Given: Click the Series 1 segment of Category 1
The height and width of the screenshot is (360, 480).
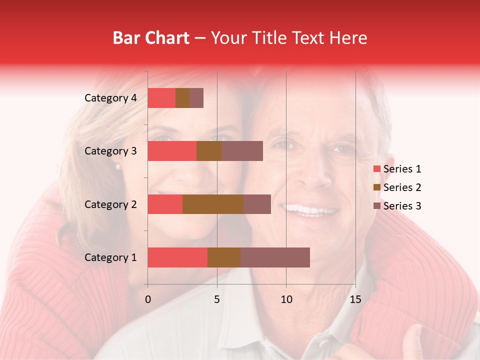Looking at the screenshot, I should pos(177,257).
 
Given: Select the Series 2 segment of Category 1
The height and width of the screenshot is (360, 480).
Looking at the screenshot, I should pos(224,257).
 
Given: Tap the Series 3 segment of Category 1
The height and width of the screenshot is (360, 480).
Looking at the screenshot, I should pos(275,257).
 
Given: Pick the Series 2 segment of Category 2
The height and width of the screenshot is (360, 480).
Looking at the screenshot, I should pos(213,204).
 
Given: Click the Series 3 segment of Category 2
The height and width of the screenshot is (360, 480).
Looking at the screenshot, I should pos(257,204).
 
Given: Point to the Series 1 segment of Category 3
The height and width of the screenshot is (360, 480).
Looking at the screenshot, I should pos(172,151).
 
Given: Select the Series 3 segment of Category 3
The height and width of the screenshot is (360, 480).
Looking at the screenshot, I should pos(242,151).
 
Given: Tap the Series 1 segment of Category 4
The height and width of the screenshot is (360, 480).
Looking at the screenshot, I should pos(161,98).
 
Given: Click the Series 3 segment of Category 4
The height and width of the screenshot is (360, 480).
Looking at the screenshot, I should pos(196,98).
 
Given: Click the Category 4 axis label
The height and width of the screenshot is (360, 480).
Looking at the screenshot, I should pos(110,98).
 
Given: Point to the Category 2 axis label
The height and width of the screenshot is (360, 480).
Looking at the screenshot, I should pos(110,204).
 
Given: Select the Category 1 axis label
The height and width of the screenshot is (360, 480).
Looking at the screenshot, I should pos(110,257).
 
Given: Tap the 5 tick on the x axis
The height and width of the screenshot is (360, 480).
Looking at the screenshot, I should pos(217,299).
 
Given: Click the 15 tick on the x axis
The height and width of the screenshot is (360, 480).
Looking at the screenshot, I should pos(355,299).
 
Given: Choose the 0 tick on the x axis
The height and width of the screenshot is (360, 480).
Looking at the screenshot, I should pos(148,299).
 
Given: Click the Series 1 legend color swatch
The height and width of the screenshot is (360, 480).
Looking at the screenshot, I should pos(377,169).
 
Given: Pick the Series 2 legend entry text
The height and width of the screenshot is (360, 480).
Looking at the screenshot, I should pos(402,187).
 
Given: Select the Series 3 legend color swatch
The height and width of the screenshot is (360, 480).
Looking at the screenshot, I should pos(377,206).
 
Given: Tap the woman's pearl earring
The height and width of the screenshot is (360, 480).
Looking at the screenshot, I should pos(117,166).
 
